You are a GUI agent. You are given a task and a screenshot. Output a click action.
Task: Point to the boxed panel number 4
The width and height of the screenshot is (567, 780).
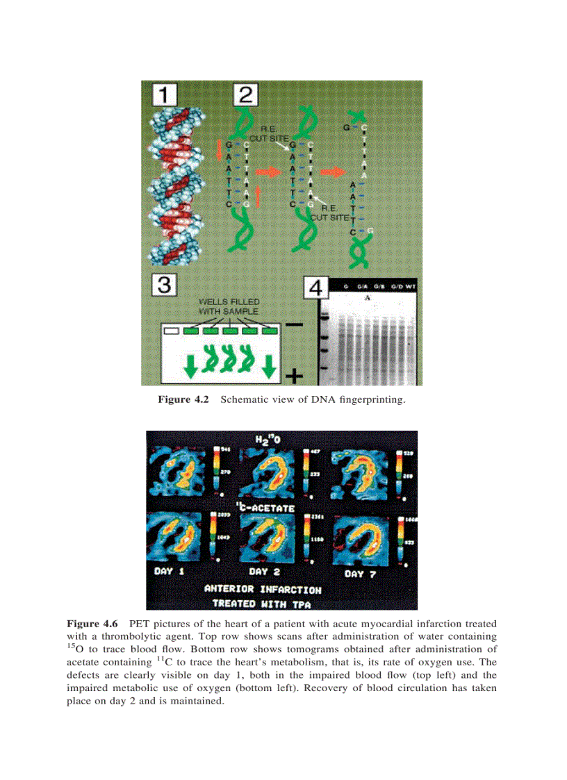coord(316,287)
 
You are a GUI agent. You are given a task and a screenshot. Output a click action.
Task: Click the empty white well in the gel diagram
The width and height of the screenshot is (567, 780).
coord(171,331)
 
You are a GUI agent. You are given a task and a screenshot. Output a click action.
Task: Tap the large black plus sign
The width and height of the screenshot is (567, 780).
coord(295,376)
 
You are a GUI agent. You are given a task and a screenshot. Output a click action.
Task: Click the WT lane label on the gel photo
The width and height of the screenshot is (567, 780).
coord(412,285)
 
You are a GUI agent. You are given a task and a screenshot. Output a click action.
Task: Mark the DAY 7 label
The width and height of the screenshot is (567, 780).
coord(363,574)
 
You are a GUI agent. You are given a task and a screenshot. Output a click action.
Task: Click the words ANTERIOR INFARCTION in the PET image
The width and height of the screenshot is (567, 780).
coord(263,589)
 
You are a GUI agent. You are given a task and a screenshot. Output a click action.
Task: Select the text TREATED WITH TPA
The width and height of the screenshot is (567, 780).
coord(263,603)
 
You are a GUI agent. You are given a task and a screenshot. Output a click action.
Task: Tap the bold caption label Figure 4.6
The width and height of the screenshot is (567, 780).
coord(92,623)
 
